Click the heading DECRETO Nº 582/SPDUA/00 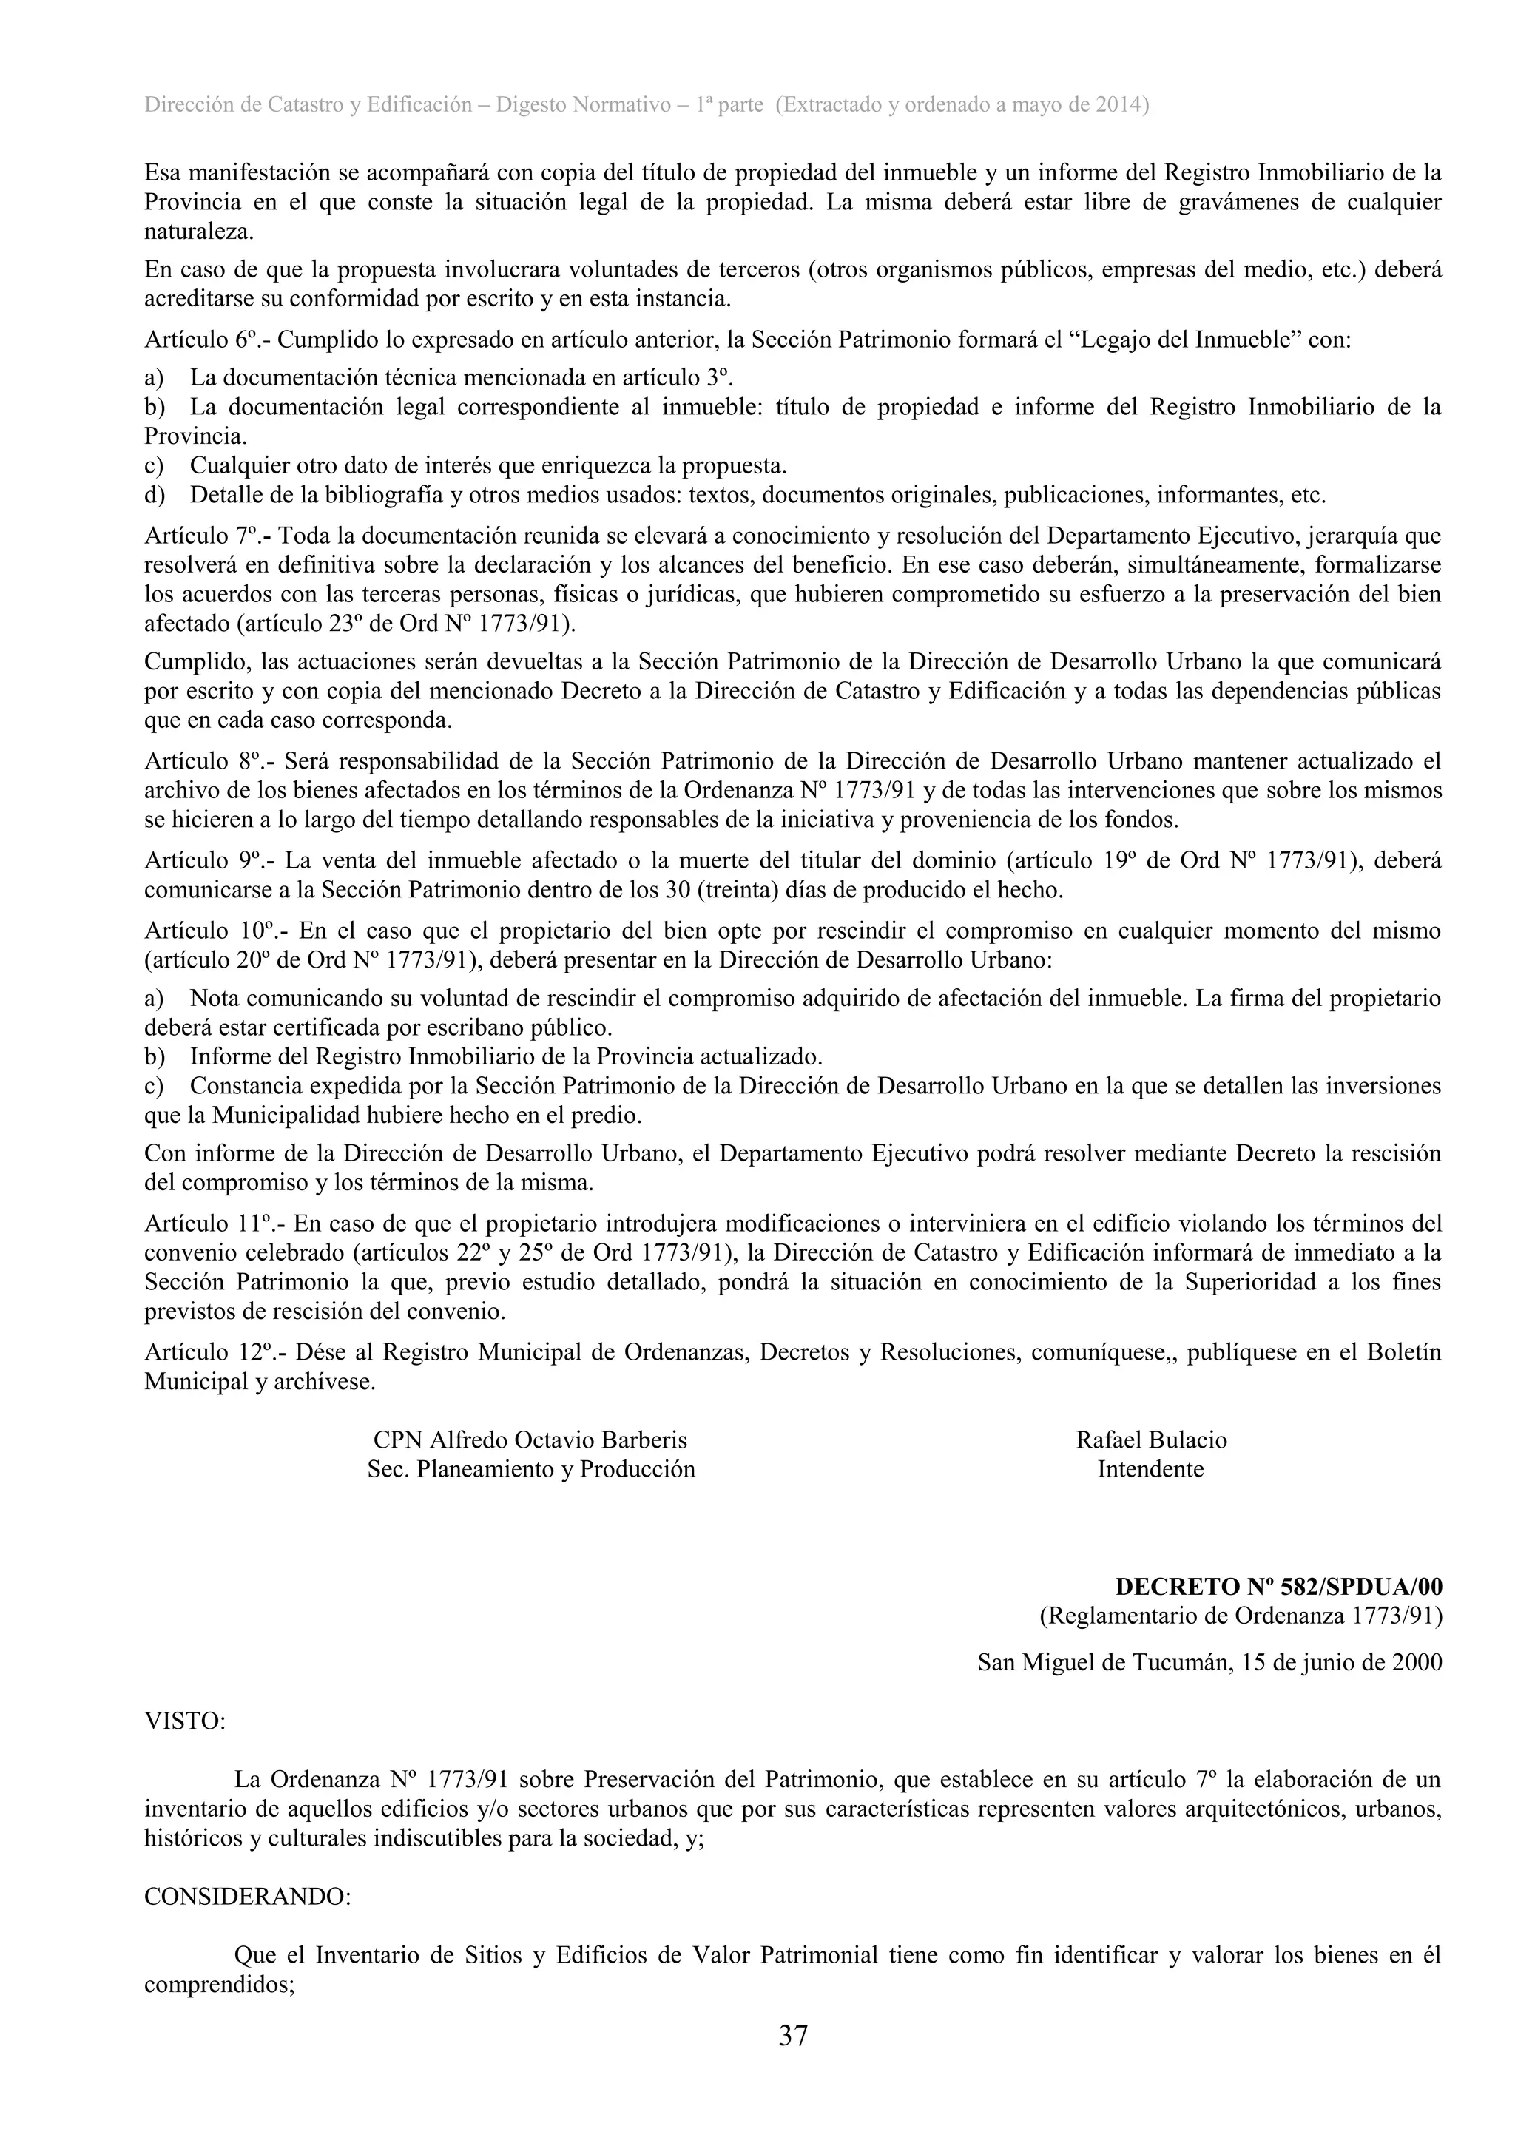pos(1278,1587)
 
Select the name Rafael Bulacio pos(1151,1440)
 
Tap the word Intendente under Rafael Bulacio pos(1150,1469)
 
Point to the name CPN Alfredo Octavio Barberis pos(530,1440)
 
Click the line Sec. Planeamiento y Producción pos(530,1469)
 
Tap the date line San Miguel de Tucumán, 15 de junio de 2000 pos(1209,1662)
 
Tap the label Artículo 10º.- pos(214,931)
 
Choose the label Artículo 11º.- pos(213,1224)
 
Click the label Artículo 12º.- pos(214,1352)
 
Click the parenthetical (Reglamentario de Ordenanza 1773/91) pos(1241,1616)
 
